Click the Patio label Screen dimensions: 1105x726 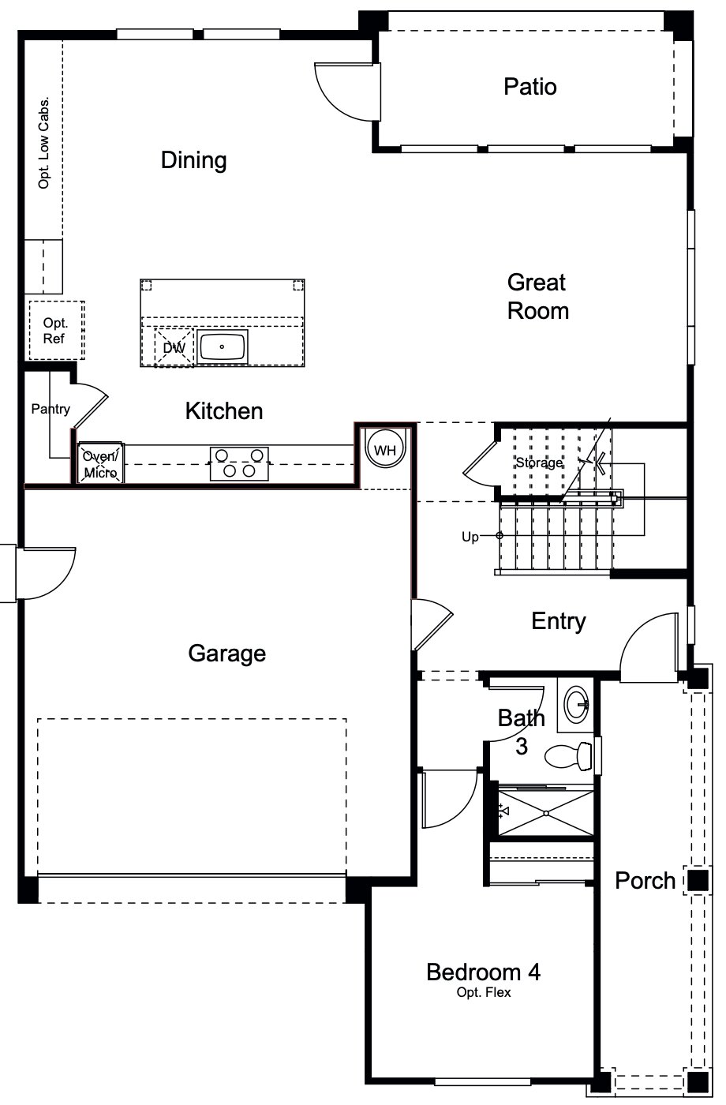point(530,86)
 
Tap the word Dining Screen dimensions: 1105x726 point(193,160)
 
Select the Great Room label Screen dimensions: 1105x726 point(537,297)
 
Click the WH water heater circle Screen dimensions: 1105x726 point(384,450)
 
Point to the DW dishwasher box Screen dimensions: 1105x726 point(174,347)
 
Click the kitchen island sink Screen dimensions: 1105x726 point(223,346)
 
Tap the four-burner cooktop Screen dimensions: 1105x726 point(238,463)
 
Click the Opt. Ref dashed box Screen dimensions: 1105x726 point(55,331)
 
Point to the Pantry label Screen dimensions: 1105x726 point(51,409)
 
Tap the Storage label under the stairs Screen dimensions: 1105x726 point(539,463)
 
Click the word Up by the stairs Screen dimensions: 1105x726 point(470,537)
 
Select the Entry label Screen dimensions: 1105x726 point(558,621)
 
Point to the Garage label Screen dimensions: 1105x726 point(226,654)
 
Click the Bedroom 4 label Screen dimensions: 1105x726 point(483,972)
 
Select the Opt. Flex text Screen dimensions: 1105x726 point(483,992)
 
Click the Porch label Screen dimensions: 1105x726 point(645,880)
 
